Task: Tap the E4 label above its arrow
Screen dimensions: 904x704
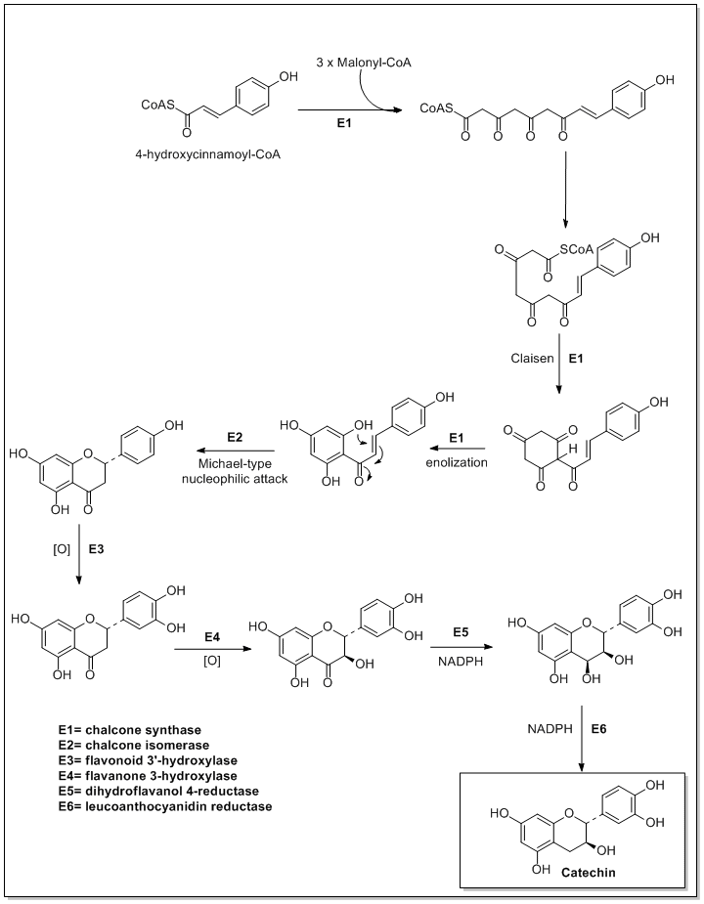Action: point(210,637)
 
